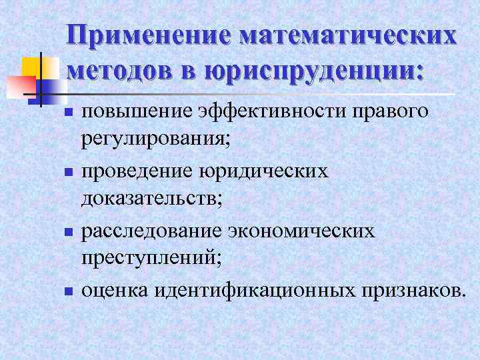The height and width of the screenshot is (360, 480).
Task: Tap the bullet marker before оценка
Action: click(x=67, y=291)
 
